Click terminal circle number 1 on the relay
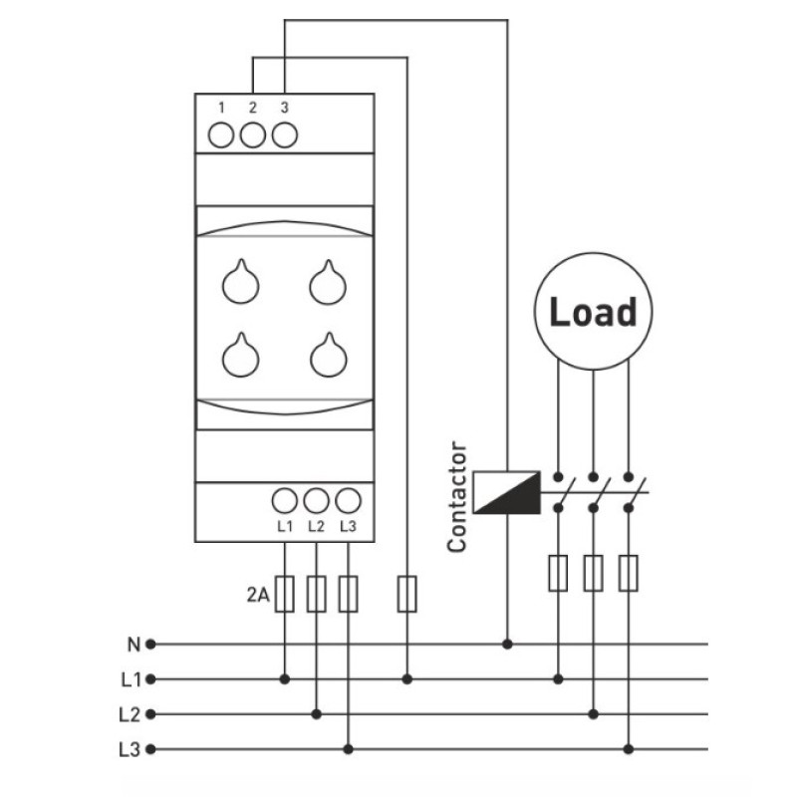tap(221, 135)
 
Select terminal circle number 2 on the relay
tap(253, 135)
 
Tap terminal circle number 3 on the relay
tap(285, 135)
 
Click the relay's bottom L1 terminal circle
tap(285, 501)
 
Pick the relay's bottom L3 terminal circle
tap(348, 501)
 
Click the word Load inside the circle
tap(593, 312)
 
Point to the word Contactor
tap(457, 496)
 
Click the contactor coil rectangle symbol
tap(507, 492)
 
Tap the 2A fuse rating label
tap(258, 594)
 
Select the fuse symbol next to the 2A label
tap(285, 594)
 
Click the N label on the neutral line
tap(133, 645)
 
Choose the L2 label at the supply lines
tap(130, 714)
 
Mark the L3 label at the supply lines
tap(130, 750)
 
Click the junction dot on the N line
tap(507, 645)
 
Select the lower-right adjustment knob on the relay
tap(329, 356)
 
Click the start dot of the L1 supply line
tap(150, 679)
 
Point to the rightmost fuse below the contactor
tap(629, 574)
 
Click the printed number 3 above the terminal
tap(285, 108)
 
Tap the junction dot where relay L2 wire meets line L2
tap(317, 714)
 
